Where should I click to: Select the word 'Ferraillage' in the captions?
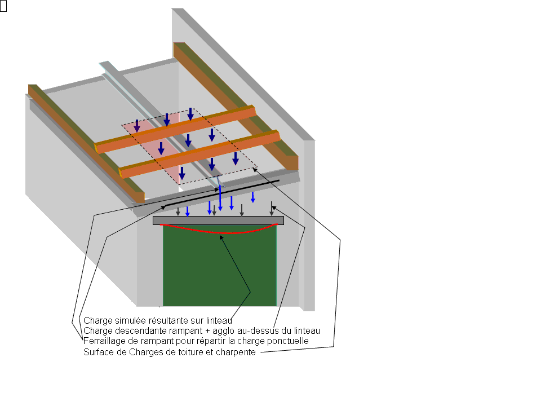102,341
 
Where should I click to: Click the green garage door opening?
220,271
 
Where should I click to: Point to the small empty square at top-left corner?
3,7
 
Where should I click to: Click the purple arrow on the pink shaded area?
136,126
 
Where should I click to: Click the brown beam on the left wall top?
85,141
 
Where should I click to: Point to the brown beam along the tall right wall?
237,101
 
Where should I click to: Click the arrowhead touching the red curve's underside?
222,237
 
